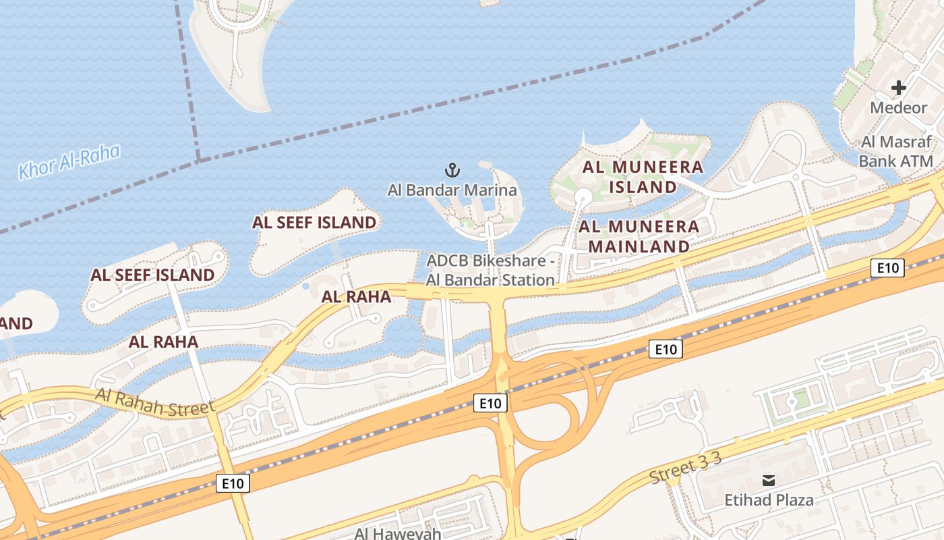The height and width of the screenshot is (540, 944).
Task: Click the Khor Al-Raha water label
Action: (69, 161)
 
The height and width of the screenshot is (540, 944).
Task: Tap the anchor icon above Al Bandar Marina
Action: (452, 169)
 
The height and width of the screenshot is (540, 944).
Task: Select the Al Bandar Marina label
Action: (452, 190)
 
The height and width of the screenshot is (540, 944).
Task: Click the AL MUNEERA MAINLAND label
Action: (639, 236)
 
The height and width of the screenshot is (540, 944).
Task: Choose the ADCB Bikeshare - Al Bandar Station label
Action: (491, 270)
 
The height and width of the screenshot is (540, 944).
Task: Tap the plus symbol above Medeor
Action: (898, 88)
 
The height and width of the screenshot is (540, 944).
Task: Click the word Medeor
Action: (898, 108)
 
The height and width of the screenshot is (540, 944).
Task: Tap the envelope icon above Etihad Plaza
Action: (768, 481)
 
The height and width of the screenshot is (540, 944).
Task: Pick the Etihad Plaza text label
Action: (769, 500)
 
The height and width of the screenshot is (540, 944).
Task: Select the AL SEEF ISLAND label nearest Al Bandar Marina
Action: (314, 222)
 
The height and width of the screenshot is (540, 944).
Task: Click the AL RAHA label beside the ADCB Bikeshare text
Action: (356, 297)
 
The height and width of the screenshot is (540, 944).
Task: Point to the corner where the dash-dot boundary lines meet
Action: (199, 160)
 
